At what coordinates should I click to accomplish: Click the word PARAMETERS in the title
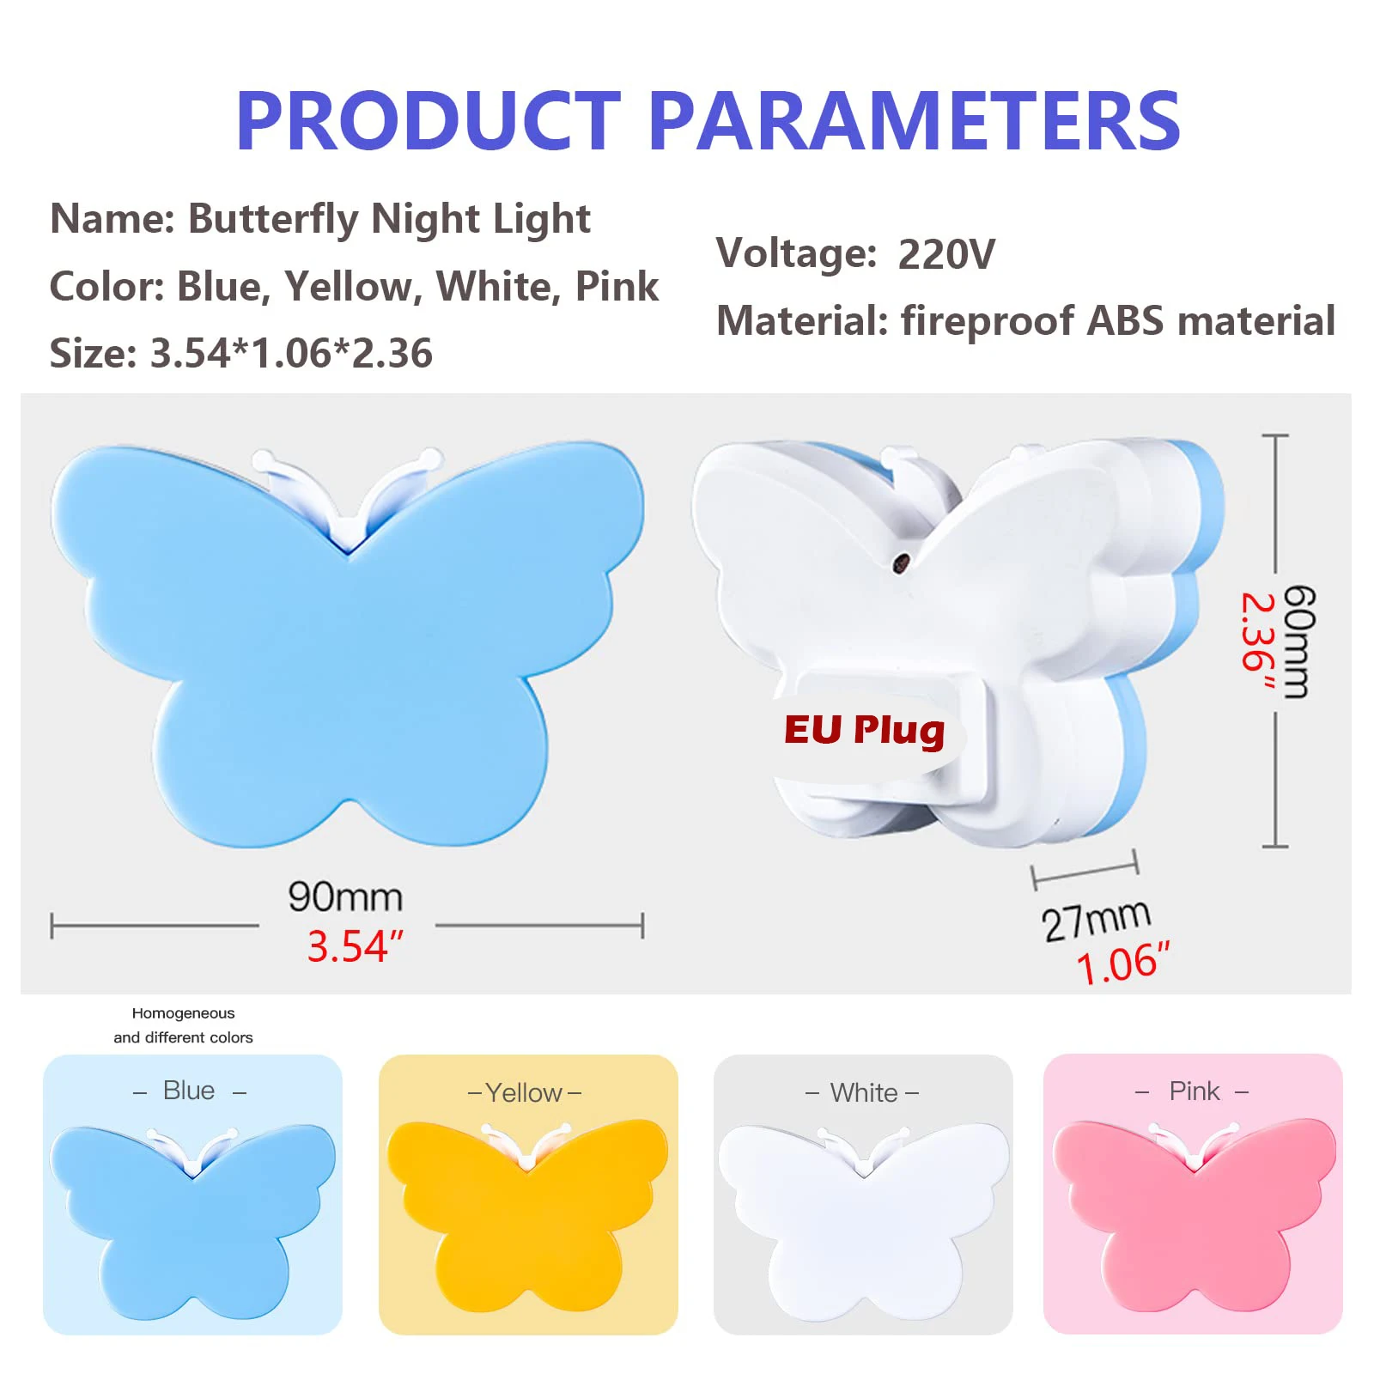915,121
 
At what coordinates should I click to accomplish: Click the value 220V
946,254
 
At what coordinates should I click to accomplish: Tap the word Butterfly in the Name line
273,220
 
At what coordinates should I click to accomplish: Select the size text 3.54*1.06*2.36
291,353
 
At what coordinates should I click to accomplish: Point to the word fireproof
988,321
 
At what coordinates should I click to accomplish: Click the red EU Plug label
864,731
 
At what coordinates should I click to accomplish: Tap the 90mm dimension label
345,897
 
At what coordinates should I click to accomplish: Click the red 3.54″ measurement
355,946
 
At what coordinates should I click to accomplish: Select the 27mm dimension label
1096,921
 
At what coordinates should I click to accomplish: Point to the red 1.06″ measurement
1122,964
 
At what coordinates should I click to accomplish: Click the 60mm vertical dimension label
1298,641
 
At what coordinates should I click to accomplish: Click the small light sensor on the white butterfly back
901,563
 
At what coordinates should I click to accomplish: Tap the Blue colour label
189,1091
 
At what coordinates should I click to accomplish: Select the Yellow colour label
524,1093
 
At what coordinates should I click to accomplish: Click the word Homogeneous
183,1013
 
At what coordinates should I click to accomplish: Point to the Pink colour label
1194,1091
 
